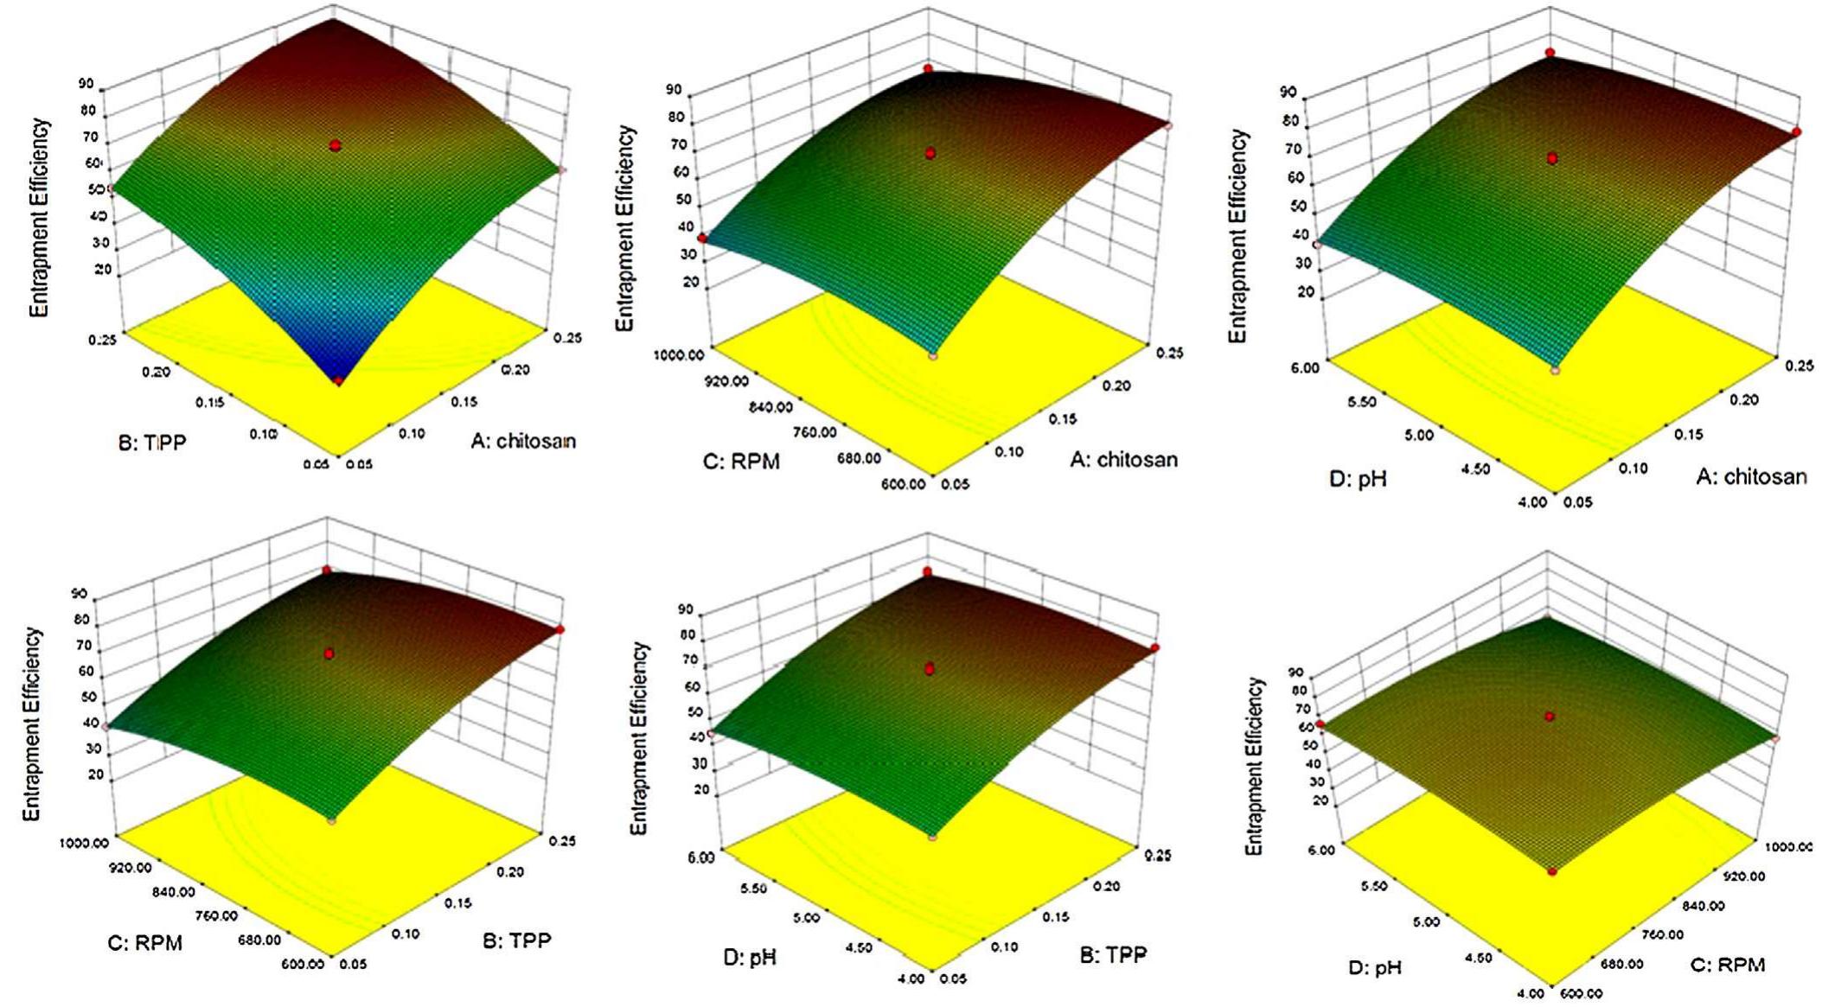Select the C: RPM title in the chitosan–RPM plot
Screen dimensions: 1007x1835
click(x=741, y=462)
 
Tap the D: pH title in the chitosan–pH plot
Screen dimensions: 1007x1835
click(x=1358, y=478)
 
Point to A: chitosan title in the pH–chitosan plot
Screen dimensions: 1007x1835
click(x=1751, y=476)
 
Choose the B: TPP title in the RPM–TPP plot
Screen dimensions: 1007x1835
click(x=516, y=940)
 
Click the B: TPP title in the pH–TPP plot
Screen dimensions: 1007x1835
click(x=1113, y=954)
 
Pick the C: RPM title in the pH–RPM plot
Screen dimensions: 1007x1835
click(x=1728, y=965)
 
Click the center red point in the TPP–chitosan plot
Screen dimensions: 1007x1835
click(x=335, y=146)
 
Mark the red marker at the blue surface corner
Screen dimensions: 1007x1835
click(x=339, y=380)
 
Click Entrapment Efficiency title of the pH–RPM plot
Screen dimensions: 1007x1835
click(x=1254, y=766)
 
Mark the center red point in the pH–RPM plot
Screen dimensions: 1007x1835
click(x=1550, y=717)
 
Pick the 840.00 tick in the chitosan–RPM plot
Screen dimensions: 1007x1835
click(x=770, y=407)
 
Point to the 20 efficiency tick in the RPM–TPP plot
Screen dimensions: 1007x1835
click(x=95, y=775)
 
